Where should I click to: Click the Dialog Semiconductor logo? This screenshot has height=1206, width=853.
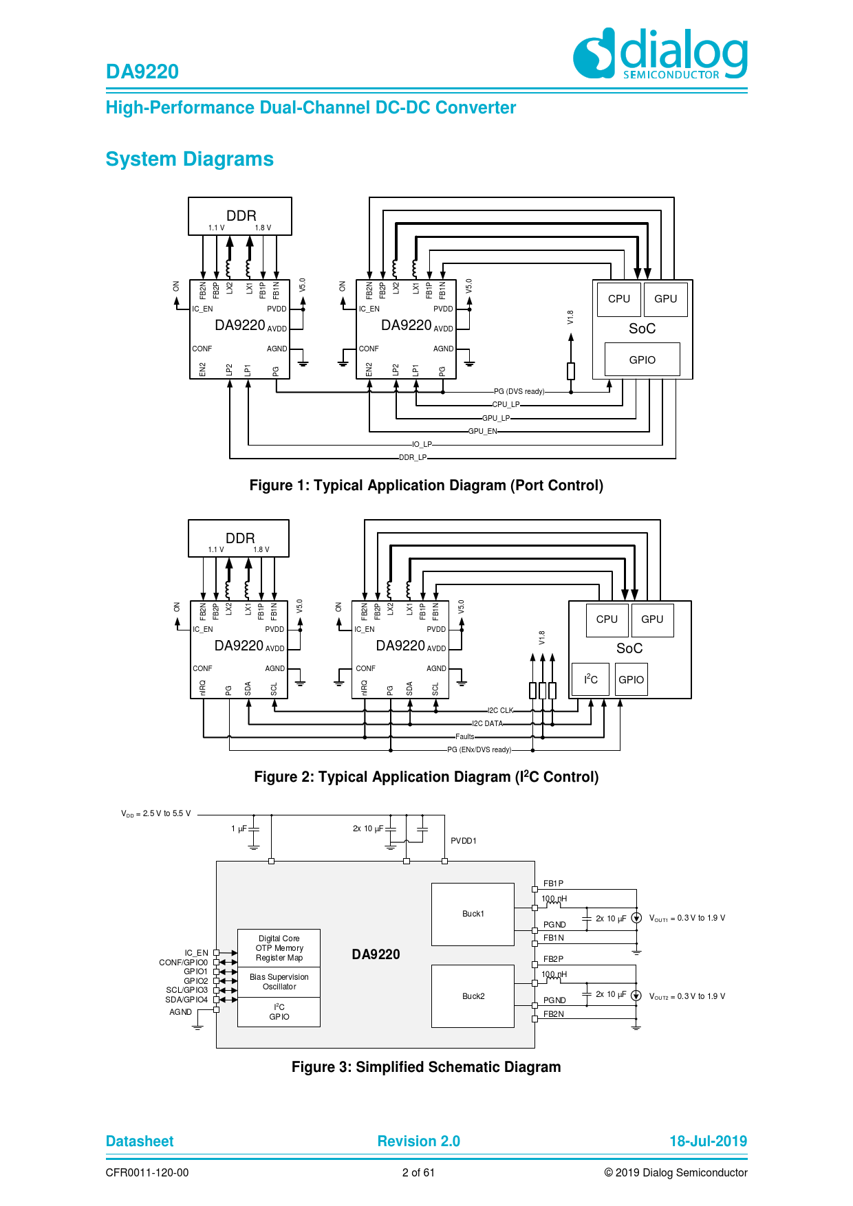click(x=660, y=54)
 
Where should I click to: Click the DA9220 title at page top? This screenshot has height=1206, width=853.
click(x=142, y=72)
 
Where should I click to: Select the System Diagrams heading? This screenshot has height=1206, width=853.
click(x=189, y=160)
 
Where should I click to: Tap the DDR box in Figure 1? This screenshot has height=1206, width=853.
click(x=240, y=217)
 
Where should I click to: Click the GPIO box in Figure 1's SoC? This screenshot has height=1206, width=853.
click(x=642, y=360)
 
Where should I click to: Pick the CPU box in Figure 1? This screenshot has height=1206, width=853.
click(x=618, y=299)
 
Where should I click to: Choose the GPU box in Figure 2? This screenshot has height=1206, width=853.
click(x=651, y=620)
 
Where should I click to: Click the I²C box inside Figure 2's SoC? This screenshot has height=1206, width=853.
click(x=590, y=679)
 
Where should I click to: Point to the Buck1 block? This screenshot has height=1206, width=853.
click(x=473, y=914)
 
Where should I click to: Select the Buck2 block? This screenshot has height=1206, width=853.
click(x=473, y=996)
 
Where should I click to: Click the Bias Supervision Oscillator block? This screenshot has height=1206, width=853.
click(x=279, y=982)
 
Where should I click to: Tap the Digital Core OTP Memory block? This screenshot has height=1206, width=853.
click(x=279, y=948)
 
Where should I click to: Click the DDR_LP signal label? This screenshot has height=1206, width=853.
click(x=413, y=458)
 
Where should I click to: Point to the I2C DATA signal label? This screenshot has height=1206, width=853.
click(x=487, y=724)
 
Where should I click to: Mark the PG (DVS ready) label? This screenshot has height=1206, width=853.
click(x=519, y=392)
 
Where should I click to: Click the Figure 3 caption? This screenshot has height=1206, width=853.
click(x=426, y=1067)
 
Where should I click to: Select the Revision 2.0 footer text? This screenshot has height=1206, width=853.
click(x=418, y=1141)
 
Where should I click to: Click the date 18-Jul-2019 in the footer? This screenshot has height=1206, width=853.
click(x=708, y=1141)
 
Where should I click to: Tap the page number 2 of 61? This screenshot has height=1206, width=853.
click(x=418, y=1173)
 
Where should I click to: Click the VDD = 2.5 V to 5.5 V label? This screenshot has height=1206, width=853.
click(x=156, y=814)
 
